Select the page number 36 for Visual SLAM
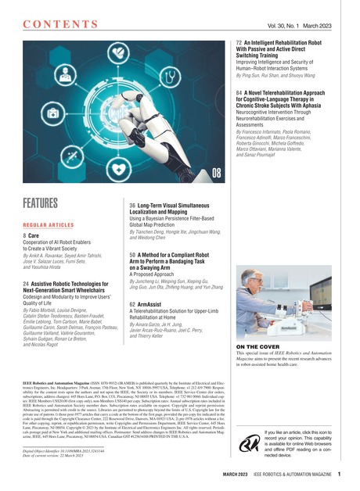133,204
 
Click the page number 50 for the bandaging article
133,255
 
